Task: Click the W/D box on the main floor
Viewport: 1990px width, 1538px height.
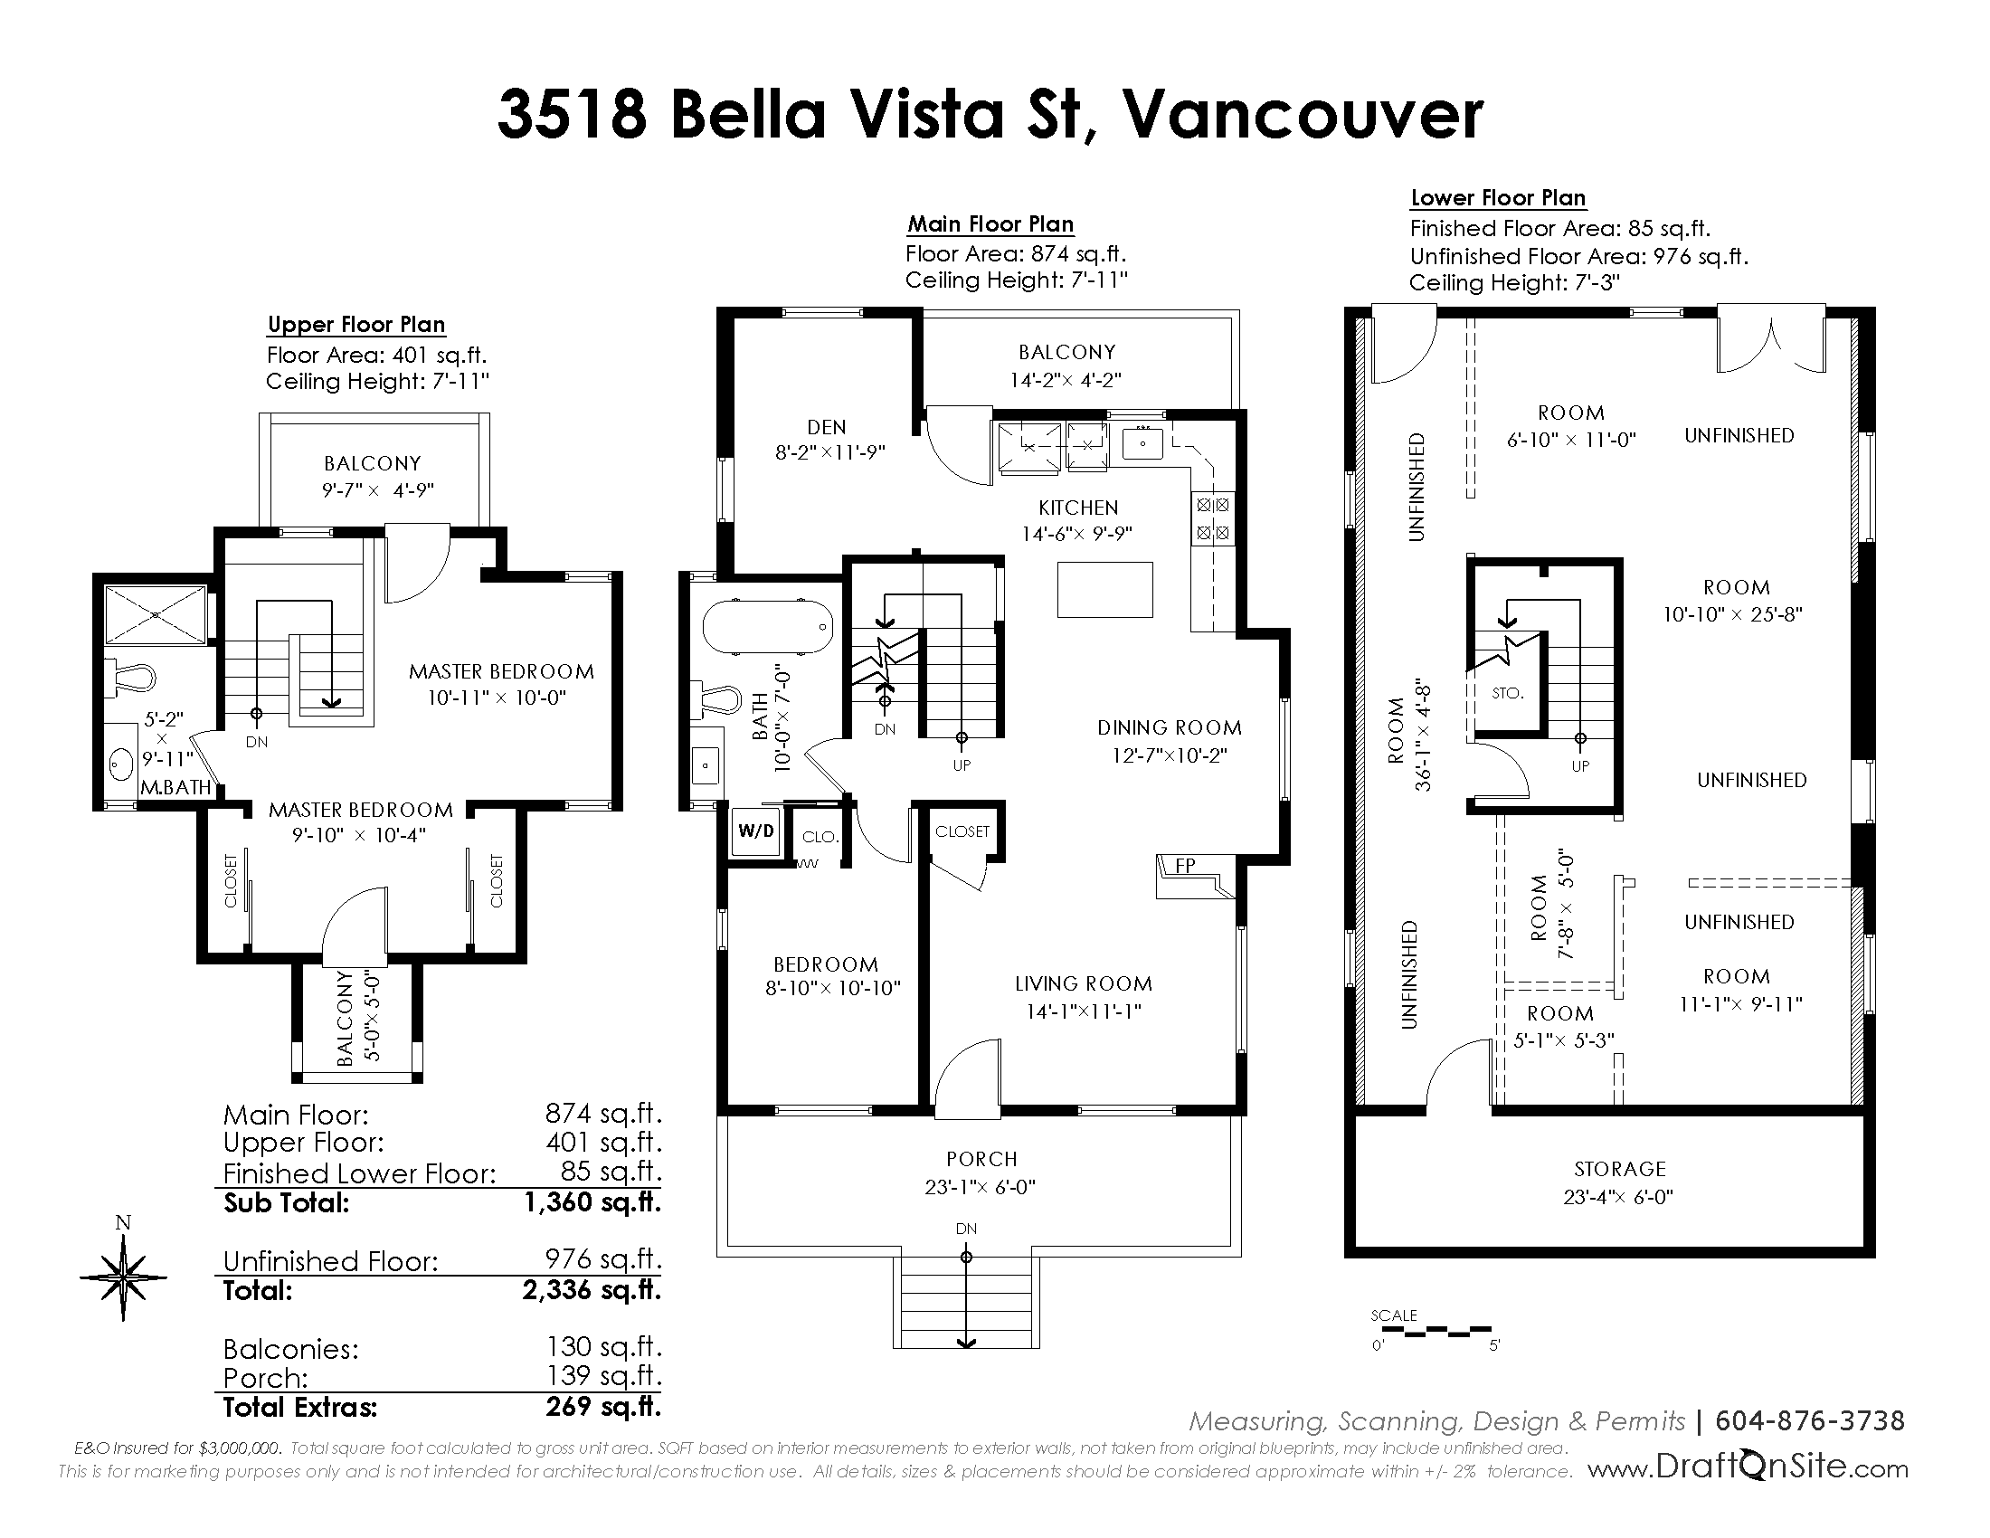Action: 756,831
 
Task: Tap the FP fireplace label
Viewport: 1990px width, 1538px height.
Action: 1185,866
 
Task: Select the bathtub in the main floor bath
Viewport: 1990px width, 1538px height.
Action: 767,627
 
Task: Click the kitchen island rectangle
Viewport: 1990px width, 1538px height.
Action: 1104,590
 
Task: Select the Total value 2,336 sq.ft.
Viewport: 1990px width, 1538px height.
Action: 592,1290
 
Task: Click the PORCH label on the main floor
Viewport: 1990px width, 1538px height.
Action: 981,1159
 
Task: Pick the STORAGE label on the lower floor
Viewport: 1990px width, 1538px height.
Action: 1619,1169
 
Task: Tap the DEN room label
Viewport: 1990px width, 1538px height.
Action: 827,427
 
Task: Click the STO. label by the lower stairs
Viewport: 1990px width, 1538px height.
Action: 1508,693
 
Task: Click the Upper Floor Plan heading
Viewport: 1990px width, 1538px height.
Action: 356,326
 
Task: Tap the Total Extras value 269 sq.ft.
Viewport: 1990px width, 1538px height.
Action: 603,1407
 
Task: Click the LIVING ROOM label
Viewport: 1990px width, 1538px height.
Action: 1084,984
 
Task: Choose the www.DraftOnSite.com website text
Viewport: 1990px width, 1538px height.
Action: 1748,1468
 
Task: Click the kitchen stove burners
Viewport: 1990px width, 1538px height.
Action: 1213,518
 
